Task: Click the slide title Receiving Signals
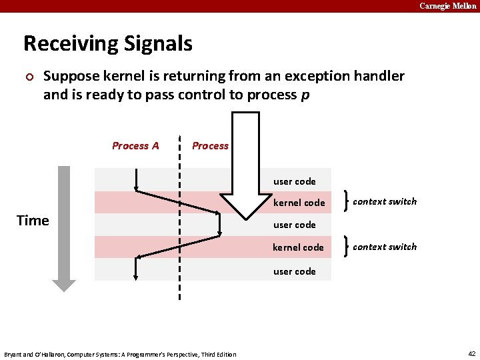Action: [x=108, y=44]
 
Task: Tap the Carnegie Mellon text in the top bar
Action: [x=448, y=6]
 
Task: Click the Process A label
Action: [x=135, y=146]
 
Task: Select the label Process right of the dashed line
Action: [x=210, y=146]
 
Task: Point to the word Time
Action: [x=33, y=221]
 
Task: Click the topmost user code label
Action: [x=294, y=181]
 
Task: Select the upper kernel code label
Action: [x=299, y=203]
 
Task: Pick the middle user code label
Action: [x=294, y=225]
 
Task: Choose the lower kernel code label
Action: [x=298, y=247]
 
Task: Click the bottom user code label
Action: [x=294, y=271]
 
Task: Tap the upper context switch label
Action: [x=385, y=201]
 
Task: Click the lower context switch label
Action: [x=385, y=247]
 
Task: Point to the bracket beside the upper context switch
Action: [x=343, y=201]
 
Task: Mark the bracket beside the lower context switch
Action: [x=343, y=247]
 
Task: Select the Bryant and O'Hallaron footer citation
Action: [x=120, y=354]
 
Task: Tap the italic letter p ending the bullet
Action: [x=305, y=95]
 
